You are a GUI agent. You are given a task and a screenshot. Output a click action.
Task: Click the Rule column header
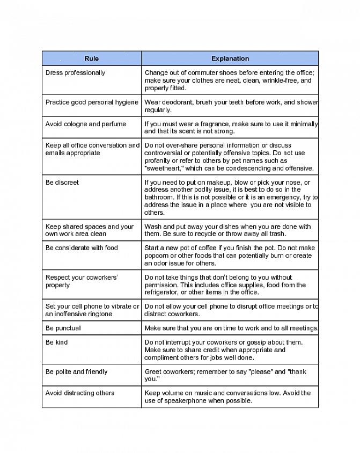pos(91,59)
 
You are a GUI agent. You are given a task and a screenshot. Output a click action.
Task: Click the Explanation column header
pos(230,59)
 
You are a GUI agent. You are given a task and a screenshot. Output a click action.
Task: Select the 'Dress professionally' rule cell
pos(75,73)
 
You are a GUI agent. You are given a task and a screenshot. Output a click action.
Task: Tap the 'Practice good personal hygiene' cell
pos(92,103)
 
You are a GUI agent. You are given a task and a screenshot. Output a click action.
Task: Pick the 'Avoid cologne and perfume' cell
pos(86,124)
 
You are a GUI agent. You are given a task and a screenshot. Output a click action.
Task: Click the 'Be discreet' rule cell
pos(62,182)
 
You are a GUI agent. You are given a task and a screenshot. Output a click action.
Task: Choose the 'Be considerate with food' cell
pos(82,248)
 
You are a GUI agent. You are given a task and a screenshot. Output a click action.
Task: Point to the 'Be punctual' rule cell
pos(63,328)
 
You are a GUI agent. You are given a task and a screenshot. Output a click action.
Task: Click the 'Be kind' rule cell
pos(57,342)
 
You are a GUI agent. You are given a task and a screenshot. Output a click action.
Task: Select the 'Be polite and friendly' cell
pos(77,371)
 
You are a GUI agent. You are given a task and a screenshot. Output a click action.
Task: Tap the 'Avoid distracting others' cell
pos(80,393)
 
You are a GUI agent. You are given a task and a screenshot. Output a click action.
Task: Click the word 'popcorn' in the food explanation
pos(158,256)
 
